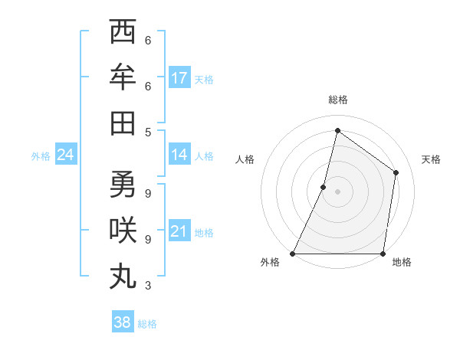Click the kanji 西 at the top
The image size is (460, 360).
[x=123, y=33]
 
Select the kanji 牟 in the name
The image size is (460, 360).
[x=123, y=77]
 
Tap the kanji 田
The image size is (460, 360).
[x=123, y=122]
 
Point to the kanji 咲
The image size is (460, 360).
[x=123, y=230]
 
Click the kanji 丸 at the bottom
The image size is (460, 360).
[x=123, y=275]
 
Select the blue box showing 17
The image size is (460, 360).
[x=179, y=77]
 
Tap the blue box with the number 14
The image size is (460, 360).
[x=179, y=155]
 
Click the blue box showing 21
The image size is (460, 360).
[x=179, y=231]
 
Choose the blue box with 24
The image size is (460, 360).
[x=65, y=155]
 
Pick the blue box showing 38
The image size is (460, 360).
[x=123, y=322]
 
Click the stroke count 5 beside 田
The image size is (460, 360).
[x=147, y=131]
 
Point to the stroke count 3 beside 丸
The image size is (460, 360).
[x=147, y=286]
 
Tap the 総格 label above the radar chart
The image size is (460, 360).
[x=337, y=100]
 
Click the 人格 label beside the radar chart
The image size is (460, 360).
[x=245, y=159]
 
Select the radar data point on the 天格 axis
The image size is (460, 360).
[x=396, y=172]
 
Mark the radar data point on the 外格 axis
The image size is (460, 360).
[x=293, y=254]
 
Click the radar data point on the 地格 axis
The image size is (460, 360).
[x=383, y=254]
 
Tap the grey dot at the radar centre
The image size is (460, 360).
[x=337, y=191]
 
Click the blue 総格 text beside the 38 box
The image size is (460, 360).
[x=148, y=324]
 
